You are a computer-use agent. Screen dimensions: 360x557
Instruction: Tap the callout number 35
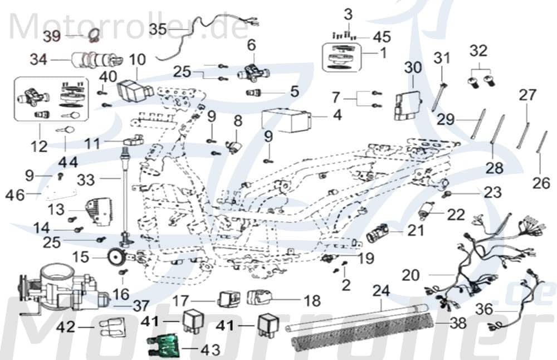(158, 28)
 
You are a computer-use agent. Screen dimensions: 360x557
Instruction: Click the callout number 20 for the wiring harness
(412, 275)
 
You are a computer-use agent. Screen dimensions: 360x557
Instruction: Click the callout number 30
(413, 67)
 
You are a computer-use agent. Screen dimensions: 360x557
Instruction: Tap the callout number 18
(312, 301)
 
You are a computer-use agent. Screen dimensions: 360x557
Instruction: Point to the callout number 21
(415, 230)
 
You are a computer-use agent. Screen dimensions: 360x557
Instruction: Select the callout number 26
(541, 182)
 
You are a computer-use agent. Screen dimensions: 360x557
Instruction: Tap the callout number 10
(137, 59)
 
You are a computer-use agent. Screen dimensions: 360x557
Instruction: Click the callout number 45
(382, 37)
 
